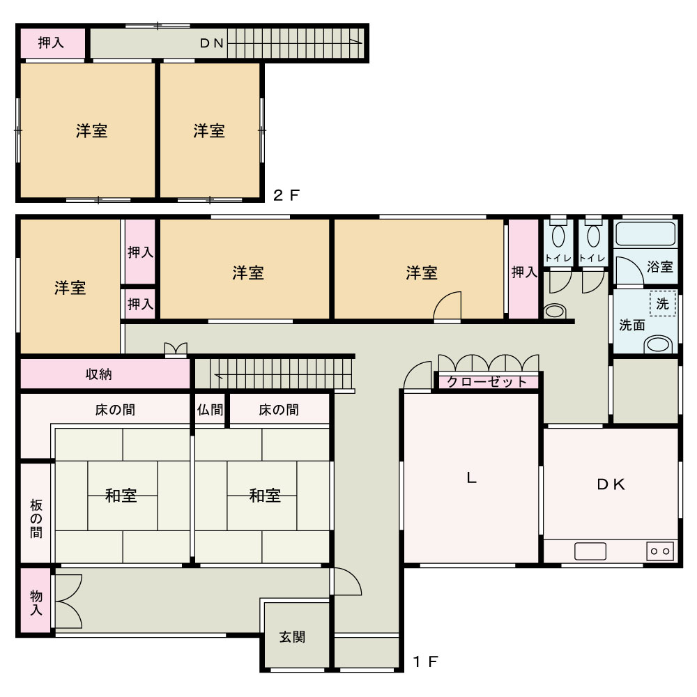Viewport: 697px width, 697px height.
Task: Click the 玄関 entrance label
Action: click(x=292, y=637)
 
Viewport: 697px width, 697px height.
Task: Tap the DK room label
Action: click(x=611, y=484)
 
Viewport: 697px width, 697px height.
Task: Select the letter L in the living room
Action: click(x=471, y=478)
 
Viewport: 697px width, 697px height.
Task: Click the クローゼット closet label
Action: click(x=487, y=382)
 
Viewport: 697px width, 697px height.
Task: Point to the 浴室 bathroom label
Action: click(x=659, y=267)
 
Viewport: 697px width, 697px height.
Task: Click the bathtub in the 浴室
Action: click(x=645, y=233)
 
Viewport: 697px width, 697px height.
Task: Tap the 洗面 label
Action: click(x=631, y=325)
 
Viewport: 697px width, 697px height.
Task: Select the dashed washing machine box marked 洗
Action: click(x=662, y=303)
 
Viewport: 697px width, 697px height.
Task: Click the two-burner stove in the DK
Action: click(x=659, y=551)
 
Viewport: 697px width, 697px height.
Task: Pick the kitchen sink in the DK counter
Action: click(x=590, y=551)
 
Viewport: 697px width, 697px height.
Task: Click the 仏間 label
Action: click(x=210, y=409)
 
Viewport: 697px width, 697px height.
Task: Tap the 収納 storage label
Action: click(x=99, y=374)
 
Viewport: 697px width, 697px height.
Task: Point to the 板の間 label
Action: click(x=36, y=519)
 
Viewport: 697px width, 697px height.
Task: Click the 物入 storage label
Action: click(x=36, y=603)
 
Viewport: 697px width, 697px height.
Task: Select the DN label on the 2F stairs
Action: click(x=212, y=43)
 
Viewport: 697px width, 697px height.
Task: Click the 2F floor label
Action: click(x=286, y=195)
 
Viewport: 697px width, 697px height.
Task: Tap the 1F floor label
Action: click(x=426, y=662)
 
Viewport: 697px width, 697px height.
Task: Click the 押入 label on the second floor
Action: click(x=51, y=43)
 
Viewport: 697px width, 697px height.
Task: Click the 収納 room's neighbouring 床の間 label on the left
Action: click(x=115, y=409)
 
